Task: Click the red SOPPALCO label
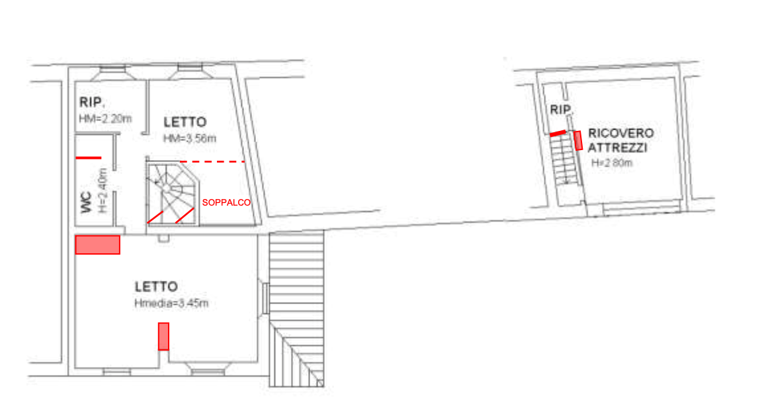click(226, 202)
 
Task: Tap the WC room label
click(86, 202)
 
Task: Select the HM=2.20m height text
click(105, 118)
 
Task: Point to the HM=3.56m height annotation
click(190, 138)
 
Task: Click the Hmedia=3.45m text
click(171, 303)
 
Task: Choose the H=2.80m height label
click(612, 163)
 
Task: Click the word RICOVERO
click(620, 133)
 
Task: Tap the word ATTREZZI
click(617, 147)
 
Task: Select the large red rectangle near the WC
click(98, 245)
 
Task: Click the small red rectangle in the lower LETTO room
click(164, 337)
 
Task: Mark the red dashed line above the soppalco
click(212, 162)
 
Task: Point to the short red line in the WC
click(89, 158)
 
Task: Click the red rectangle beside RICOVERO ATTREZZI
click(578, 140)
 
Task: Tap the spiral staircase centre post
click(166, 187)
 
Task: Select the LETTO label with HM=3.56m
click(185, 122)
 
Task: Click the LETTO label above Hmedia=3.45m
click(156, 286)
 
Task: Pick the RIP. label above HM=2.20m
click(92, 102)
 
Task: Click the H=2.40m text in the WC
click(102, 190)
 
